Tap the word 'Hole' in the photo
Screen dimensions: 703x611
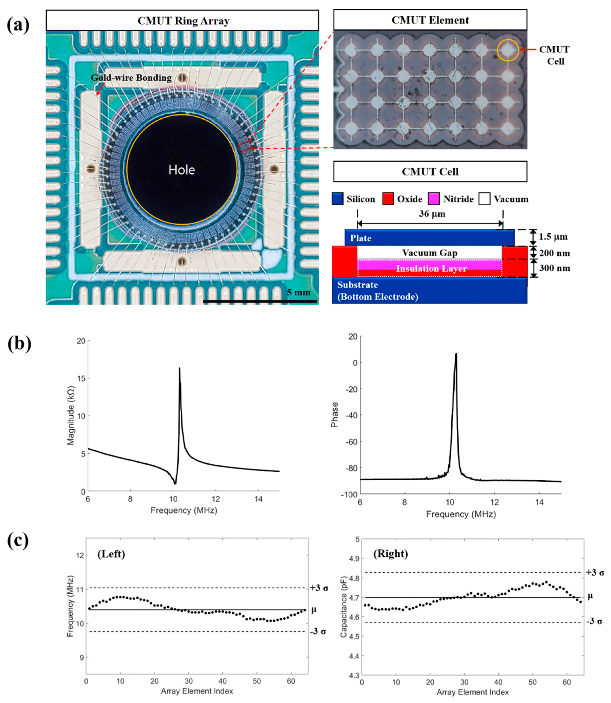click(182, 170)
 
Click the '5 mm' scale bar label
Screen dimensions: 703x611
click(299, 293)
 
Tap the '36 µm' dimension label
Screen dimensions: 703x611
click(432, 214)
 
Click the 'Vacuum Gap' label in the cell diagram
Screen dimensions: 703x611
click(429, 253)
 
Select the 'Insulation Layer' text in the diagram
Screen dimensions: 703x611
click(431, 269)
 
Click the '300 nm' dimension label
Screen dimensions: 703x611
click(554, 268)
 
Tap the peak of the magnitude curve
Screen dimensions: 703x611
click(179, 368)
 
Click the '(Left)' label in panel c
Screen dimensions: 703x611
click(111, 554)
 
